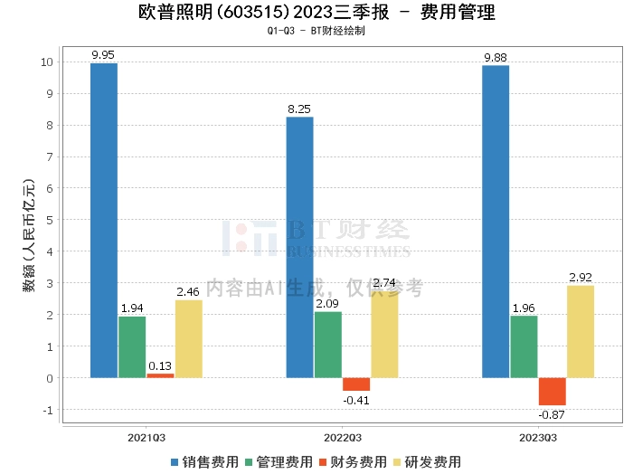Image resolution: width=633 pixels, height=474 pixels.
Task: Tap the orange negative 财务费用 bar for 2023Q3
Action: click(x=552, y=392)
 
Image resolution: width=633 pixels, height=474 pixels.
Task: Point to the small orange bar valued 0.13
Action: click(x=160, y=375)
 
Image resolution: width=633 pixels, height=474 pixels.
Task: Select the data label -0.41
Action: click(x=355, y=399)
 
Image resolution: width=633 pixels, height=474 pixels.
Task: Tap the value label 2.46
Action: click(x=188, y=292)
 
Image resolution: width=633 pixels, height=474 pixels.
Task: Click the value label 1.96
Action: click(x=524, y=308)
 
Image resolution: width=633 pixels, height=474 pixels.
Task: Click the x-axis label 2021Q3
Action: click(x=146, y=437)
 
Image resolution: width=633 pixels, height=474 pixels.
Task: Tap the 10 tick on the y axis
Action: click(x=47, y=62)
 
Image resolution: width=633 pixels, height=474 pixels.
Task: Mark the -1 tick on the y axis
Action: click(x=48, y=410)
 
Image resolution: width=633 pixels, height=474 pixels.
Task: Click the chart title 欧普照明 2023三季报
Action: click(x=316, y=13)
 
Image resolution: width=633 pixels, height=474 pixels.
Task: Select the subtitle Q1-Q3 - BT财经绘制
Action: click(x=316, y=31)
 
